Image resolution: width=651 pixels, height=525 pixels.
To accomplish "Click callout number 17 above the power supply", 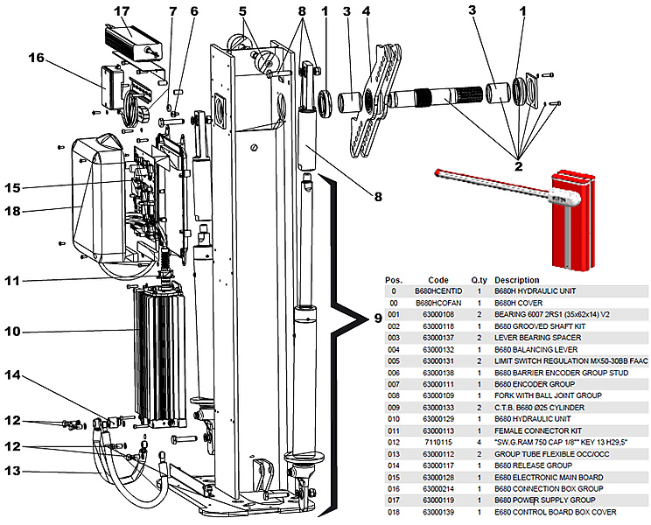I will [x=122, y=11].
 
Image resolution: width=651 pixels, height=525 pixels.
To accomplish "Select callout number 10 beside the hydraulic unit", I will [x=36, y=332].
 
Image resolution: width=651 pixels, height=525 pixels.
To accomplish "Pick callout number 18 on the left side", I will [x=36, y=210].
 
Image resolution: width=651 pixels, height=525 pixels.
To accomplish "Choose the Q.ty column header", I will [x=479, y=280].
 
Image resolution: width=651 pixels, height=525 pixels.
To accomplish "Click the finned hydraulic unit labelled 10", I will [x=157, y=354].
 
